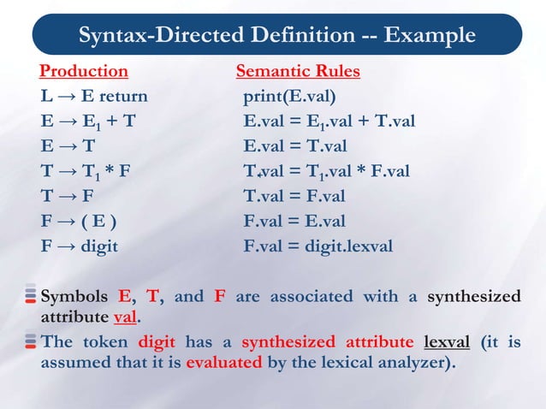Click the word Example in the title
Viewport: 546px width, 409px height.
(x=429, y=35)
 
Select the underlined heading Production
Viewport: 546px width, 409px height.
(x=84, y=70)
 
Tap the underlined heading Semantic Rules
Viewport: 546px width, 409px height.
(x=297, y=70)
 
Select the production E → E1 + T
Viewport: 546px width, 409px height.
(x=86, y=121)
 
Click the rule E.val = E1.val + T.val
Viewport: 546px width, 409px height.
(x=329, y=121)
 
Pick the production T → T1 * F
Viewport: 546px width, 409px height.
(x=85, y=171)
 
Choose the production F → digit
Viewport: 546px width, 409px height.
(x=80, y=246)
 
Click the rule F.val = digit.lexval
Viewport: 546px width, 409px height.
(x=318, y=246)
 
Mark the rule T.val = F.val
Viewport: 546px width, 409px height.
(x=294, y=196)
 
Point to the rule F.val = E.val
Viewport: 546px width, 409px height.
(x=294, y=222)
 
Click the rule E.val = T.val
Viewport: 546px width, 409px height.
(x=294, y=145)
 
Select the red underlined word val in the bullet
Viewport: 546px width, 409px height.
(x=126, y=315)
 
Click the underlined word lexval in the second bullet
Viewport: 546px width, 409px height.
(x=447, y=341)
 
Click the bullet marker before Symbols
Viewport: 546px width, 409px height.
(x=29, y=296)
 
